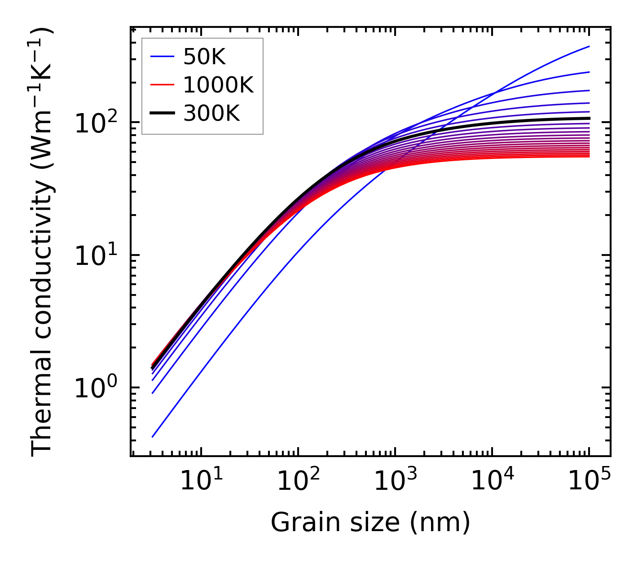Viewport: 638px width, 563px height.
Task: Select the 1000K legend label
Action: (x=219, y=85)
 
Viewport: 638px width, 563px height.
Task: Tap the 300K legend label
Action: (x=212, y=114)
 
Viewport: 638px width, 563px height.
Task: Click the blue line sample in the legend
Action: (x=162, y=57)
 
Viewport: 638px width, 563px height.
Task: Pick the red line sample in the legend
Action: (x=162, y=85)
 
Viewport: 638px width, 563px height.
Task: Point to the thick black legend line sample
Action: (x=162, y=114)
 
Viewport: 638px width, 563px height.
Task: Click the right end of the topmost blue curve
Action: (x=589, y=47)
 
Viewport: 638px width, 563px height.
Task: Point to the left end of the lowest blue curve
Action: (x=153, y=436)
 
